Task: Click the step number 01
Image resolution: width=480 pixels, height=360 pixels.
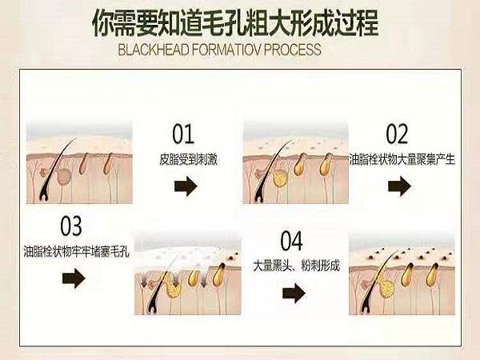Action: pos(183,134)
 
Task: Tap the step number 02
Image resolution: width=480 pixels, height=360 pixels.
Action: pos(396,134)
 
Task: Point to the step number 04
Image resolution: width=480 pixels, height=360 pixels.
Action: pos(292,240)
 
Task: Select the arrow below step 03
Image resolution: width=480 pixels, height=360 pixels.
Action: pos(73,278)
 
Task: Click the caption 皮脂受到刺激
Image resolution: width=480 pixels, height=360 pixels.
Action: pos(189,160)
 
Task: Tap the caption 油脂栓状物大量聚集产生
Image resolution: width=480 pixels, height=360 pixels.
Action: pos(402,160)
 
